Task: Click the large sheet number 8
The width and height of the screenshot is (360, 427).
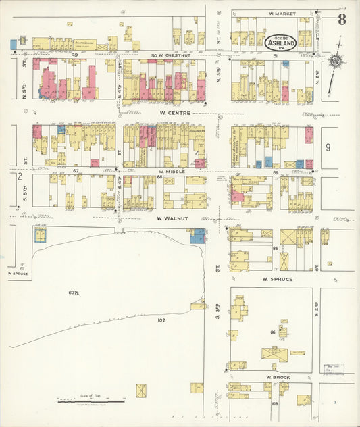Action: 342,19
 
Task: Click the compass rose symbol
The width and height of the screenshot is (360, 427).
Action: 334,61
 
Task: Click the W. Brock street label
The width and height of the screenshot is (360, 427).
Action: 277,376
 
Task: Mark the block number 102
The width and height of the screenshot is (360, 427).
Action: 161,320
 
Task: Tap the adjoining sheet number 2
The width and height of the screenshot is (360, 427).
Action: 20,176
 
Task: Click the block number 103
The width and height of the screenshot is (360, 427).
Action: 274,403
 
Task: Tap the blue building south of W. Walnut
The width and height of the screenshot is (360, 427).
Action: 198,236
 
